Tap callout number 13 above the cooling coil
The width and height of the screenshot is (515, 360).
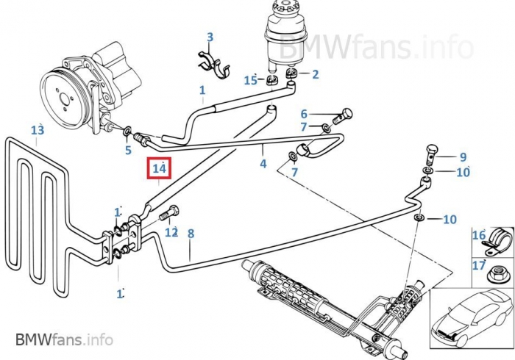38,130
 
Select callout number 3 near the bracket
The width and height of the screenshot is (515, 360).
210,37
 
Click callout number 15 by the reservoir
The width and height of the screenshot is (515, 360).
250,80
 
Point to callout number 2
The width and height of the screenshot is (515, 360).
315,73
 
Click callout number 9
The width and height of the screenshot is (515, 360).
463,156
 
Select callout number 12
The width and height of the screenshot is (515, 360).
171,232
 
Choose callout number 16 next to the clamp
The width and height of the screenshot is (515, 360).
478,236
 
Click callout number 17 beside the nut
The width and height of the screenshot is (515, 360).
478,266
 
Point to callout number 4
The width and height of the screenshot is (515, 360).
263,164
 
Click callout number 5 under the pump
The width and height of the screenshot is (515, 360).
127,151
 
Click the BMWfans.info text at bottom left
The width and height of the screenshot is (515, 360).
64,339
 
